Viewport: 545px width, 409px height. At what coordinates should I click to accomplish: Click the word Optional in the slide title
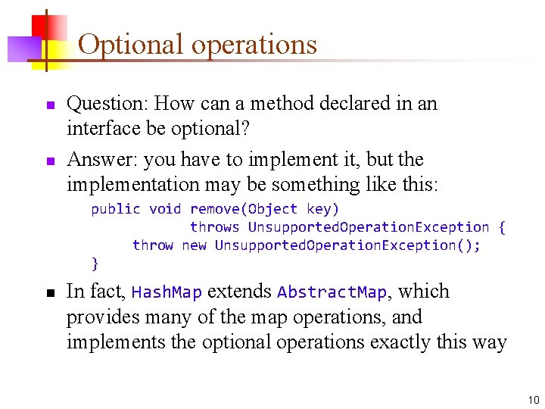(x=131, y=45)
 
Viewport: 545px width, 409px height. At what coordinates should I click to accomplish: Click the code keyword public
(x=116, y=209)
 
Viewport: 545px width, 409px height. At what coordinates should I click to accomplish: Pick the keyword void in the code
(x=165, y=209)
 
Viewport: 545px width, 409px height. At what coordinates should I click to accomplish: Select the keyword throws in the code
(x=214, y=227)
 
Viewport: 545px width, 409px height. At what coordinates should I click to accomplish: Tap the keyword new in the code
(x=194, y=245)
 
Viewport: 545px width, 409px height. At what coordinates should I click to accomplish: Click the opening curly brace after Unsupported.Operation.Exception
(x=501, y=227)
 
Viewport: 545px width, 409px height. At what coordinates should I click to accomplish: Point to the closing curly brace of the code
(x=95, y=264)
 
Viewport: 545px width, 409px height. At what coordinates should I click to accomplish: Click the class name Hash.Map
(x=167, y=292)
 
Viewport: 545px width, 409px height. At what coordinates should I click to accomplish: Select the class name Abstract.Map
(x=332, y=292)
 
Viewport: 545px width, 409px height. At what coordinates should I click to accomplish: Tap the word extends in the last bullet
(x=240, y=292)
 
